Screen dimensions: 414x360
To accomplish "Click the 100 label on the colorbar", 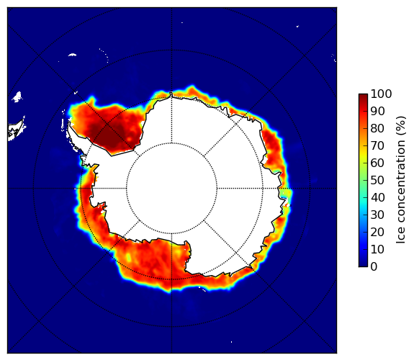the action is coord(381,94).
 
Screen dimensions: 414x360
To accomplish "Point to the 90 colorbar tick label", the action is coord(377,111).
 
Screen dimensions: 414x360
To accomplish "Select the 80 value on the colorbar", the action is coord(377,129).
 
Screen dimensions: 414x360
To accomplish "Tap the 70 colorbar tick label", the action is coord(377,145).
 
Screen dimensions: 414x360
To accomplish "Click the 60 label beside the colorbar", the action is coord(377,163).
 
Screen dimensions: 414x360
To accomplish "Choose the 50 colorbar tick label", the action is coord(377,181).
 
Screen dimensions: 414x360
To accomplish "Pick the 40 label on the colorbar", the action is coord(377,197).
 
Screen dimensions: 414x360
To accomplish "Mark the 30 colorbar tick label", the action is coord(377,215).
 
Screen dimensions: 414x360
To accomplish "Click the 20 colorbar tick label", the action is coord(377,232).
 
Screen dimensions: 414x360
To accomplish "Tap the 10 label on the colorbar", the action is coord(377,249).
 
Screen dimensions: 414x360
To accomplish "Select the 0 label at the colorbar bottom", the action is coord(374,267).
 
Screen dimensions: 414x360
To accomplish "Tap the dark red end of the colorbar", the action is coord(363,96).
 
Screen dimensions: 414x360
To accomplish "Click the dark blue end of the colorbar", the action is coord(363,265).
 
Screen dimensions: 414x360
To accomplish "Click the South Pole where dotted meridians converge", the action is coord(171,189).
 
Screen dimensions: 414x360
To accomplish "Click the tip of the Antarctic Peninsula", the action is coord(69,124).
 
